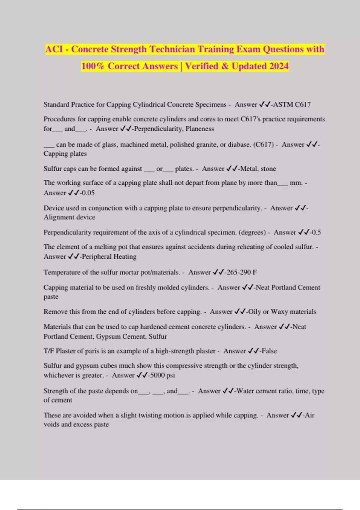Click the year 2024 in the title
[x=279, y=66]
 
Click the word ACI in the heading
[x=54, y=49]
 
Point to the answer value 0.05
[x=88, y=193]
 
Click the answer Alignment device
[x=69, y=217]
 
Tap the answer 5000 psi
[x=162, y=375]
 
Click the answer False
[x=269, y=351]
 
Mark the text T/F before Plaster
[x=49, y=351]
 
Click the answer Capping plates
[x=65, y=154]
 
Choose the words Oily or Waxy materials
[x=282, y=312]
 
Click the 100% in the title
[x=93, y=66]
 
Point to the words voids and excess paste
[x=76, y=424]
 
